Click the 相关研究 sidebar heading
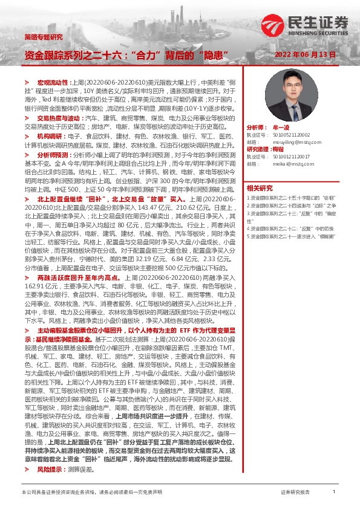[260, 187]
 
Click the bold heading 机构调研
[50, 137]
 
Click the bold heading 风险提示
[50, 469]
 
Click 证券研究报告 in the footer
[295, 493]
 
